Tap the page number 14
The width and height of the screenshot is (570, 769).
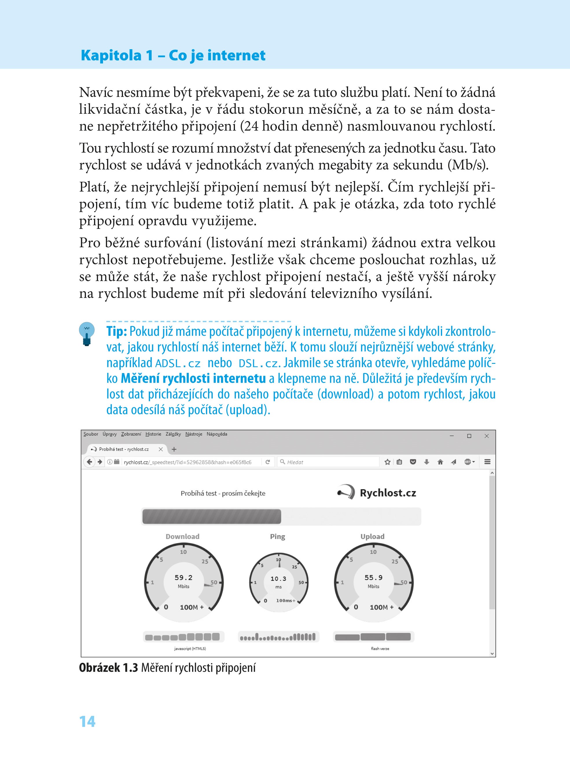click(x=87, y=721)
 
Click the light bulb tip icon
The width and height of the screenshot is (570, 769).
click(x=87, y=333)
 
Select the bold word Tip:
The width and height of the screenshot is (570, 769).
click(x=117, y=331)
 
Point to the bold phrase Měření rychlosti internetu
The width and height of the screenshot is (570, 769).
click(x=193, y=378)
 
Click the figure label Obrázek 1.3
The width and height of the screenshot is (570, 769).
click(x=108, y=667)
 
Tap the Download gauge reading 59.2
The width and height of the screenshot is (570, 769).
click(x=183, y=577)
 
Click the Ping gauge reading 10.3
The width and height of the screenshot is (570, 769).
click(x=278, y=579)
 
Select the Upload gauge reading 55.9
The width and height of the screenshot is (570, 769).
click(x=373, y=577)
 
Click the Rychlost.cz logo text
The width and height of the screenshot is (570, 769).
click(x=388, y=493)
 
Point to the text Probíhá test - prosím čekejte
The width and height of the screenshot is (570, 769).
click(x=223, y=493)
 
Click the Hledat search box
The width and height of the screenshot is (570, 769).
click(x=328, y=462)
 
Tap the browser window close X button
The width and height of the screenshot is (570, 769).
click(x=486, y=436)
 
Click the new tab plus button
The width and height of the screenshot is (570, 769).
click(x=174, y=449)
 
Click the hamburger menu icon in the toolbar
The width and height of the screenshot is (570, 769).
click(x=487, y=462)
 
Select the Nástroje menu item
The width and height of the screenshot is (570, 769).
click(x=194, y=434)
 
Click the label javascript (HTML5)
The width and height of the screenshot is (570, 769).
click(x=190, y=649)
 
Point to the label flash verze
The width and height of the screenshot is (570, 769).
click(x=380, y=649)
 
